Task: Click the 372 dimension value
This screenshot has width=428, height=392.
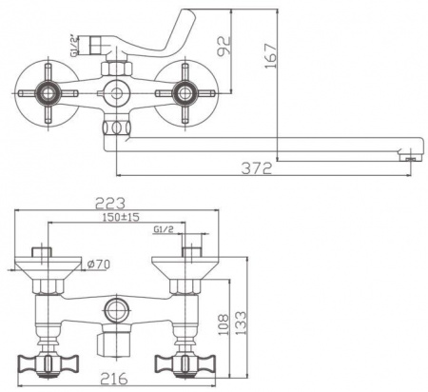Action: [257, 168]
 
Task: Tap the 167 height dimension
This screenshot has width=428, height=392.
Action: [271, 56]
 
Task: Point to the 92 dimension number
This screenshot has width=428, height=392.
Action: [224, 47]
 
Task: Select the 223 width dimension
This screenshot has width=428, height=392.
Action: [110, 204]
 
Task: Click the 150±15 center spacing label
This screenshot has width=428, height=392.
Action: [121, 217]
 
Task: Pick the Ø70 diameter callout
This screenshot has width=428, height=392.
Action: [98, 265]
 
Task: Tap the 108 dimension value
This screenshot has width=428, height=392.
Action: [224, 325]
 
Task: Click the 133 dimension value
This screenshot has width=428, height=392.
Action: [241, 323]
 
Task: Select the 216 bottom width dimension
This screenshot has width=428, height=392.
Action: [114, 378]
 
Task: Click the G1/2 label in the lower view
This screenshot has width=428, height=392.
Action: [164, 229]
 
